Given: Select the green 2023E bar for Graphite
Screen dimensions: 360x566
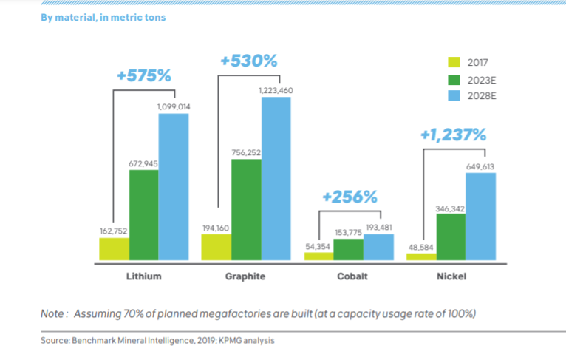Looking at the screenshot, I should tap(246, 210).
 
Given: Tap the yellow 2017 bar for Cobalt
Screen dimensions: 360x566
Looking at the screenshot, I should tap(318, 256).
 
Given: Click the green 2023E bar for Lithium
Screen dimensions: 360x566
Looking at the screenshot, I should tap(144, 215).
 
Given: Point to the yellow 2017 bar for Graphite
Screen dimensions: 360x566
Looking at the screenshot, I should tap(216, 247).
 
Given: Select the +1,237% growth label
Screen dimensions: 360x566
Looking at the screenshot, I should tap(453, 135).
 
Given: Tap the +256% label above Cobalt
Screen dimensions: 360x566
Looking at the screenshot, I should tap(350, 197).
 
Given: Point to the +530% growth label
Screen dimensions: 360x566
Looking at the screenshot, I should tap(248, 61).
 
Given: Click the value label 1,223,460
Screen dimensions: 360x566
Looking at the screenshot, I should tap(276, 90).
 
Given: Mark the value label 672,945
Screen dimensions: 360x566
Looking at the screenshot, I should tap(143, 163).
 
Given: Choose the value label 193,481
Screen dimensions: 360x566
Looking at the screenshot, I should tap(378, 227).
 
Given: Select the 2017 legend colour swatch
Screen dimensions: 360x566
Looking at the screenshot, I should tap(454, 62).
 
